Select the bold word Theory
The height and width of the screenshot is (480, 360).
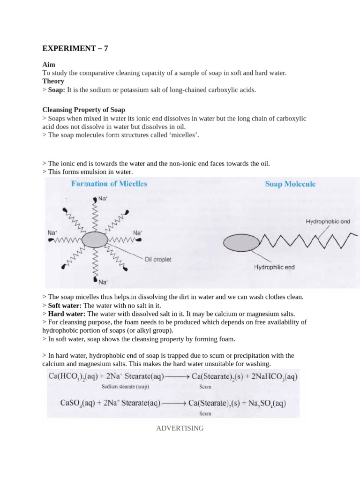[x=53, y=81]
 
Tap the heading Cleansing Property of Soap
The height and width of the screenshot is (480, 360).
[x=83, y=110]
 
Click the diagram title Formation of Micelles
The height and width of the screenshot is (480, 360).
[x=109, y=184]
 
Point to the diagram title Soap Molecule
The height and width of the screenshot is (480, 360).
[x=290, y=184]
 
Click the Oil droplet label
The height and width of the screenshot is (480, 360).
[x=159, y=258]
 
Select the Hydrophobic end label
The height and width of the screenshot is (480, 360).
[x=328, y=221]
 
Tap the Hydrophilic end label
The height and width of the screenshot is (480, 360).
[x=274, y=267]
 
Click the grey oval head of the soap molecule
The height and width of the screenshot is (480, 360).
[x=241, y=243]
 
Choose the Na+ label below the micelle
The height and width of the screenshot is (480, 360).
[x=104, y=282]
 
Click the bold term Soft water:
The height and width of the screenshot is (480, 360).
[x=61, y=305]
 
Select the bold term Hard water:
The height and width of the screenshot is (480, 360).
[x=62, y=314]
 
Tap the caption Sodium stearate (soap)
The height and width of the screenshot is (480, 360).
[x=125, y=387]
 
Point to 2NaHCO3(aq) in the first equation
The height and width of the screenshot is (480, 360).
[x=270, y=376]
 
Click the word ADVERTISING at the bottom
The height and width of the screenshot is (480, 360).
[x=180, y=428]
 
